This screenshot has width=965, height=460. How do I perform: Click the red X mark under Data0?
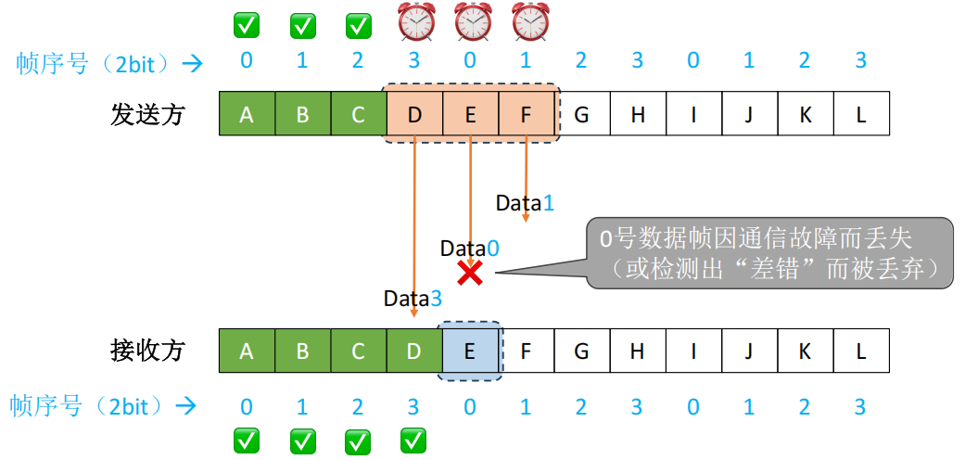(x=470, y=273)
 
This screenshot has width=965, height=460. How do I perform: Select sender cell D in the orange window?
(x=414, y=115)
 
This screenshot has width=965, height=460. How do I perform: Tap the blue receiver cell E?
(x=470, y=351)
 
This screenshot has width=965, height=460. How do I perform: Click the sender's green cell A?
(x=247, y=115)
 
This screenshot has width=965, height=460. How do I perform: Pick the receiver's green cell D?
(x=414, y=351)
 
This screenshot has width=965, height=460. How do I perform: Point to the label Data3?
(x=413, y=299)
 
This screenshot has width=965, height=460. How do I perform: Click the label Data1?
(x=525, y=202)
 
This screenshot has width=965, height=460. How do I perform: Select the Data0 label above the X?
(x=469, y=249)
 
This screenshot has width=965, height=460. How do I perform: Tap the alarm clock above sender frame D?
(x=413, y=22)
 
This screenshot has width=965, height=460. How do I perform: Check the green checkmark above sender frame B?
(x=302, y=26)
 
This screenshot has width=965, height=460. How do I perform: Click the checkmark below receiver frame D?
(x=413, y=441)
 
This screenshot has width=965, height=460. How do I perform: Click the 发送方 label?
(x=148, y=115)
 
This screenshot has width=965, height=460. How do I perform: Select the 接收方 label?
(x=148, y=351)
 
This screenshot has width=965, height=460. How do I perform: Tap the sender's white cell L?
(x=861, y=115)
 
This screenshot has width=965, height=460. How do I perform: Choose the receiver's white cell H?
(x=638, y=351)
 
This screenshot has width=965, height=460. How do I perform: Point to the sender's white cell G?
(x=582, y=115)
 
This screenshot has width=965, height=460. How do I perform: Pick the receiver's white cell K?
(x=806, y=351)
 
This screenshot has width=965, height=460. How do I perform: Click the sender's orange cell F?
(x=527, y=115)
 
